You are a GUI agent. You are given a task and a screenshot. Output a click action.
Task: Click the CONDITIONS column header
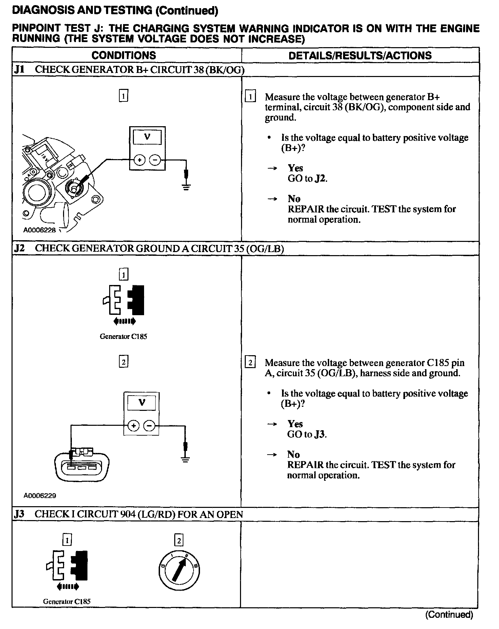[124, 55]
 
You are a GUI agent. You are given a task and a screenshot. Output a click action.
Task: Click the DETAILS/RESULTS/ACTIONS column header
[360, 55]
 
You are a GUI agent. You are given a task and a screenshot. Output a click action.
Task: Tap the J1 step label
[20, 70]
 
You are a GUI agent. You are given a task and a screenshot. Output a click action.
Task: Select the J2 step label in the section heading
[20, 248]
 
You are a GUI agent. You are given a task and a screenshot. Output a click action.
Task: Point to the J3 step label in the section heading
[20, 514]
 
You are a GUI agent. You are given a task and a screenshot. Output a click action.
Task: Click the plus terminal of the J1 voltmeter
[139, 159]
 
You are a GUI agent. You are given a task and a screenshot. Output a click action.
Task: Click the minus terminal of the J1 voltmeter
[155, 159]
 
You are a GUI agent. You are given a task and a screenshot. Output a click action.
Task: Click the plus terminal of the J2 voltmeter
[134, 425]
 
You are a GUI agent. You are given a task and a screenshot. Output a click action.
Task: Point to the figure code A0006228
[39, 230]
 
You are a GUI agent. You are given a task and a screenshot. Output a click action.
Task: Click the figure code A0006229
[40, 496]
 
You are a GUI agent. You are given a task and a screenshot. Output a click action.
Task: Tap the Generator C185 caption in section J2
[123, 337]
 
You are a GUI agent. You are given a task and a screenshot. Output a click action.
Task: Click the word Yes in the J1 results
[296, 168]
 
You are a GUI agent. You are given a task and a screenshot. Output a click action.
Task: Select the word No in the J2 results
[294, 455]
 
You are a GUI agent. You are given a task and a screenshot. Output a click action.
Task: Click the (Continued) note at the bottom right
[449, 614]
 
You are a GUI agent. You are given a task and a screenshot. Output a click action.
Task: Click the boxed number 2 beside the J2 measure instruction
[250, 363]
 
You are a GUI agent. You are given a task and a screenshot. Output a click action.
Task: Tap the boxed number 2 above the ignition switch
[179, 540]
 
